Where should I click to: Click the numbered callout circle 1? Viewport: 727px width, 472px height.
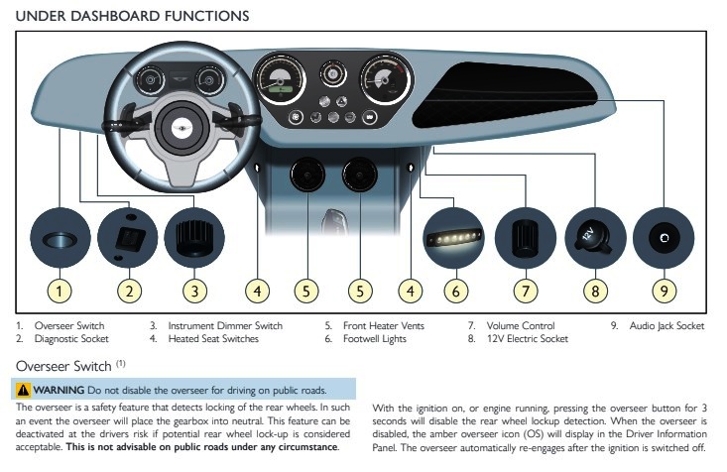click(61, 292)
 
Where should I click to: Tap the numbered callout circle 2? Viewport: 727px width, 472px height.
click(129, 292)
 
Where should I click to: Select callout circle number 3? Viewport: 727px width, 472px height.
click(195, 292)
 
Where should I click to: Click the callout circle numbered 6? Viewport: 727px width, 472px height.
click(455, 292)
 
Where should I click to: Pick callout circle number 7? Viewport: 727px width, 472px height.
click(525, 292)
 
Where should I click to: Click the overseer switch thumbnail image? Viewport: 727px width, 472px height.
click(61, 238)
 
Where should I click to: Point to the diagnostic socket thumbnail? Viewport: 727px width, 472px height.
click(129, 238)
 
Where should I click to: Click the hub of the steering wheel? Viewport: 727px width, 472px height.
click(182, 125)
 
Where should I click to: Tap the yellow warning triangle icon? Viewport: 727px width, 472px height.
click(22, 389)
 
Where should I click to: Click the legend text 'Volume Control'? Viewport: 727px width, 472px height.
click(519, 326)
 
